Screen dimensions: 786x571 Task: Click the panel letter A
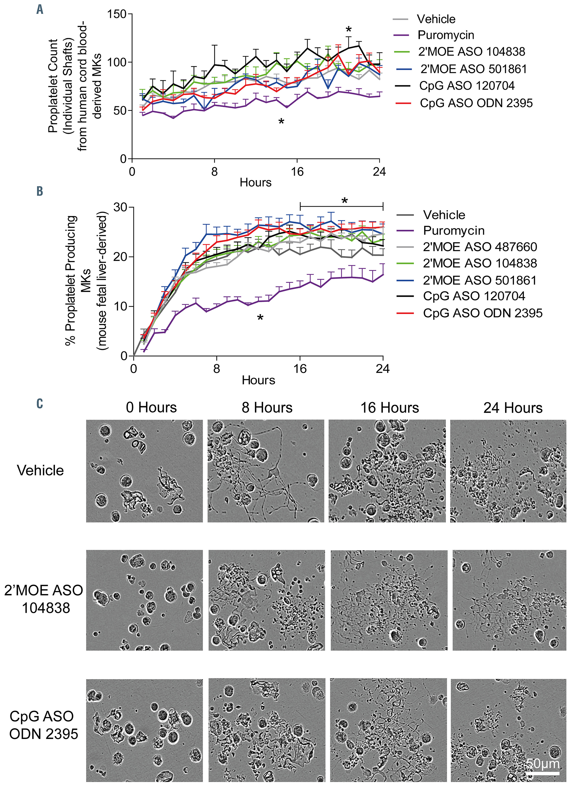[40, 10]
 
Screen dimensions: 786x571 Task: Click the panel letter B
[40, 191]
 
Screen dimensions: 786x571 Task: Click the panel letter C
[40, 404]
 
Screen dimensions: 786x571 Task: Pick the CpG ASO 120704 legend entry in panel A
[466, 86]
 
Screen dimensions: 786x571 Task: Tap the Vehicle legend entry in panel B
[444, 215]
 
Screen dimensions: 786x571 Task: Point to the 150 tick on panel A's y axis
[117, 14]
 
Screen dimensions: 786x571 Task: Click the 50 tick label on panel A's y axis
[120, 111]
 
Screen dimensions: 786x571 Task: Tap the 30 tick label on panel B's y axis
[120, 207]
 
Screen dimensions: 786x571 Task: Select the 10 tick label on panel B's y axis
[120, 306]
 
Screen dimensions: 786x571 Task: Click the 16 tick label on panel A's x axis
[297, 172]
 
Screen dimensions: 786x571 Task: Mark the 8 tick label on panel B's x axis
[216, 368]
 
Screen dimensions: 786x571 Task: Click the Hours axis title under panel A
[255, 183]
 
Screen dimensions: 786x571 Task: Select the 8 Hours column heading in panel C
[267, 408]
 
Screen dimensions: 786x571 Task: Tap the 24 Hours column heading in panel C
[513, 408]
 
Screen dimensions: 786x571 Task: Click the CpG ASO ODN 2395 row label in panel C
[43, 725]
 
